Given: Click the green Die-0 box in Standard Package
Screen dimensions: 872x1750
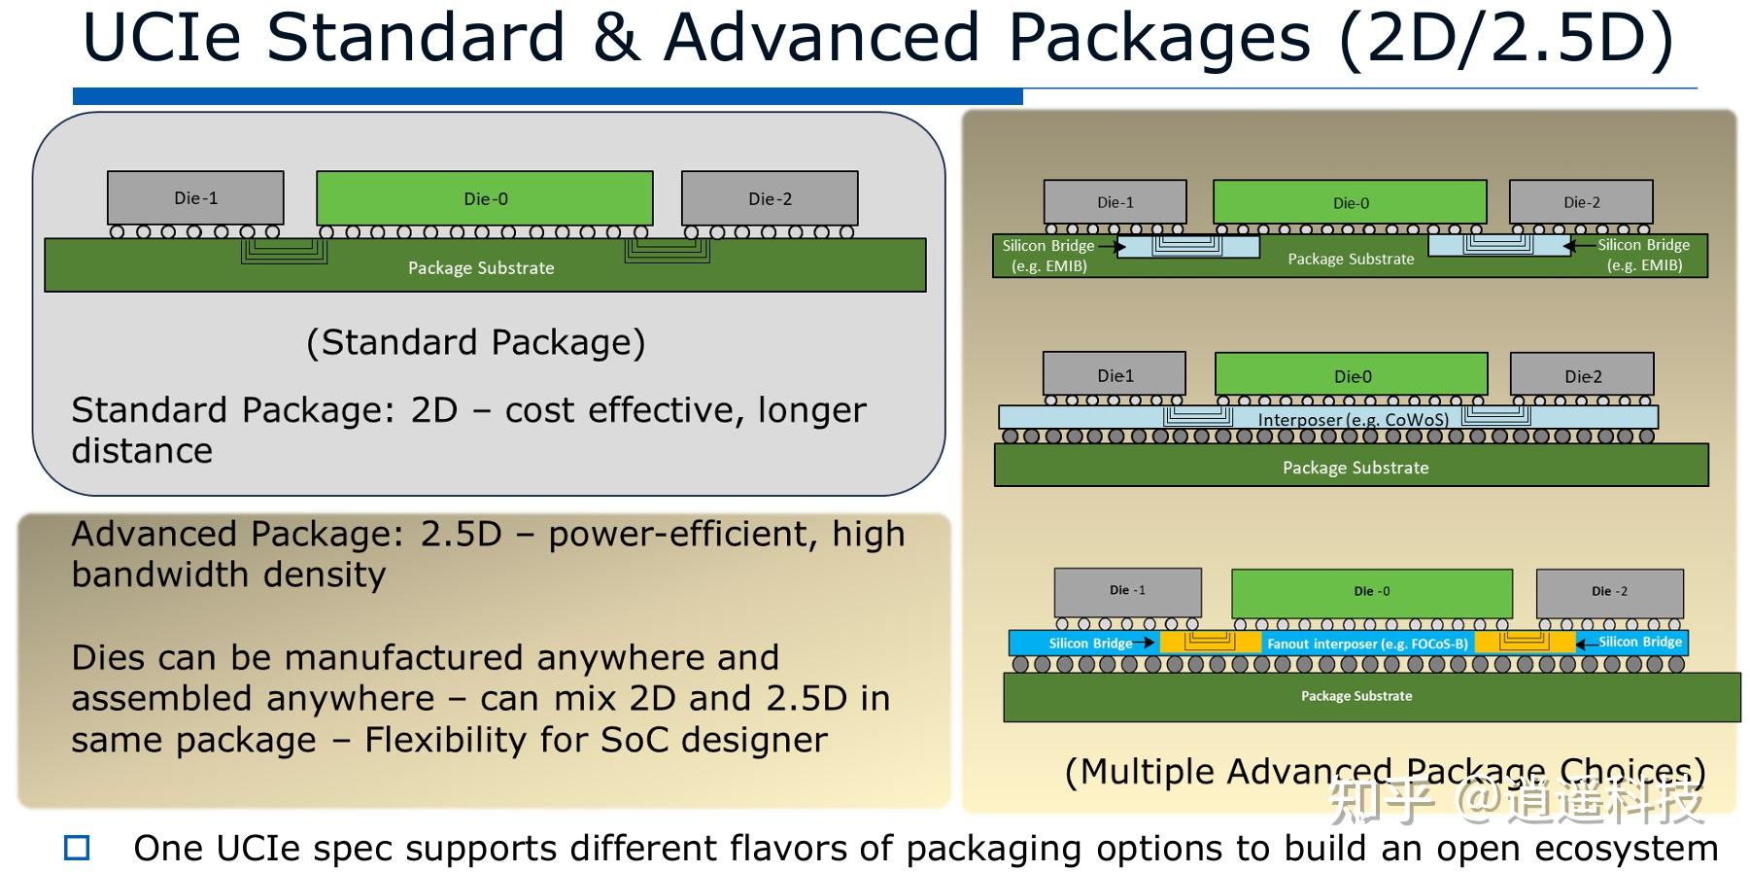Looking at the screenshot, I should [x=484, y=198].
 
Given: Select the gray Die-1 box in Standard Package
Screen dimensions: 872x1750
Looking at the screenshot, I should [x=195, y=198].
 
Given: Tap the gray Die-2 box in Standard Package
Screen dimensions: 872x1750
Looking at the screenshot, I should [x=770, y=198].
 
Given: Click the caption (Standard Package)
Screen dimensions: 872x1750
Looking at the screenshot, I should [x=475, y=342].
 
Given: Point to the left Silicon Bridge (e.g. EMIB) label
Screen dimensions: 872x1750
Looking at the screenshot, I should [x=1048, y=256].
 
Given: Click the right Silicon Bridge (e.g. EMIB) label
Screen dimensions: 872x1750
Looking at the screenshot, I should [x=1644, y=256].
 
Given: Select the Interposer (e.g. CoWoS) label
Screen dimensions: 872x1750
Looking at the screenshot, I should [x=1353, y=419].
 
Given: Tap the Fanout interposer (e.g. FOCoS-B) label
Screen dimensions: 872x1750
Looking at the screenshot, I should [x=1367, y=644].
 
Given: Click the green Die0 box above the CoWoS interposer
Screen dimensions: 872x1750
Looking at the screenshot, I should [x=1352, y=375].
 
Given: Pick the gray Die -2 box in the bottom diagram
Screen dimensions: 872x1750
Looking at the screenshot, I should [x=1609, y=591].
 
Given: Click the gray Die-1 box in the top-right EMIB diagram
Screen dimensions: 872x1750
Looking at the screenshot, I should [x=1115, y=202].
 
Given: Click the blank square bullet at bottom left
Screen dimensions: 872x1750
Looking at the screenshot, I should [x=77, y=848].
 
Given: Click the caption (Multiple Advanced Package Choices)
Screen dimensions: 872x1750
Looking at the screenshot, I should [x=1385, y=771].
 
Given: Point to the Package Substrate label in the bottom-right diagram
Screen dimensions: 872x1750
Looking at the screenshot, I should [x=1356, y=696].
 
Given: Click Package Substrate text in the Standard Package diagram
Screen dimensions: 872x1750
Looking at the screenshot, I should [x=481, y=267].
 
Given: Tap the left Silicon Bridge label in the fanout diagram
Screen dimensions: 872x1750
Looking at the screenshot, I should [x=1090, y=644].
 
